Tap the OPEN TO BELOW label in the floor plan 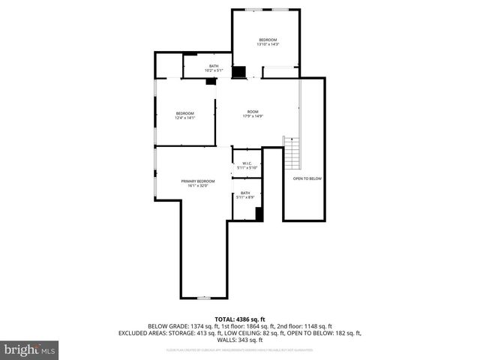[x=307, y=178]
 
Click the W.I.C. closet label [x=247, y=165]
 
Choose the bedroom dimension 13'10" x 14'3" [x=268, y=44]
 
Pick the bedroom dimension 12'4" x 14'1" [x=185, y=118]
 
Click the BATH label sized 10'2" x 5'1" [x=214, y=70]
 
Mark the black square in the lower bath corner [x=259, y=214]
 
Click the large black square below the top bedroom [x=238, y=72]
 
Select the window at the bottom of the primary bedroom [x=202, y=298]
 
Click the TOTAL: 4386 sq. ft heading [x=239, y=319]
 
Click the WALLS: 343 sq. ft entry [x=239, y=340]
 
